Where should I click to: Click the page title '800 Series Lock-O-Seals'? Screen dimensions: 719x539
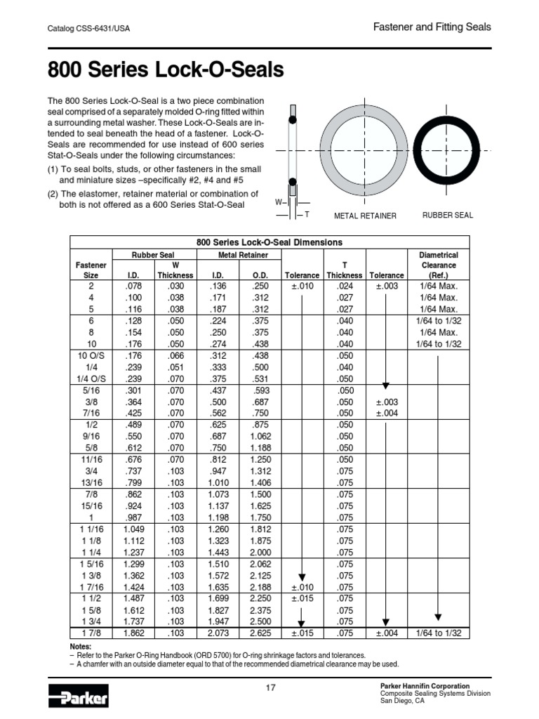point(166,70)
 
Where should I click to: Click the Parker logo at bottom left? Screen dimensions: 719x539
point(78,698)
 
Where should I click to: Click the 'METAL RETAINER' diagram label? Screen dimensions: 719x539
point(365,216)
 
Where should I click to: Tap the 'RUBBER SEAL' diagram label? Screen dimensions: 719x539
point(447,215)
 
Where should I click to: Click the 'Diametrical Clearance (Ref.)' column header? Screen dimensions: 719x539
point(438,265)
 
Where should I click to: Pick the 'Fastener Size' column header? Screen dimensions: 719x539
point(91,270)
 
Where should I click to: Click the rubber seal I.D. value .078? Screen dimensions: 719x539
point(133,286)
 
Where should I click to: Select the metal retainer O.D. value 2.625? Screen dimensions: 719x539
point(260,633)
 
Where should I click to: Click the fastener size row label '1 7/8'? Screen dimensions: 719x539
point(91,633)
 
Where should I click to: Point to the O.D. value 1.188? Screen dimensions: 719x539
point(260,448)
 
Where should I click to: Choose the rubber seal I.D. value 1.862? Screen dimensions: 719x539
point(133,633)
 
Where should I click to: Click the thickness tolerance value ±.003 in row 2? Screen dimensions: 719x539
point(387,286)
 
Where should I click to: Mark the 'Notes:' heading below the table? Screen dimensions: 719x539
point(81,646)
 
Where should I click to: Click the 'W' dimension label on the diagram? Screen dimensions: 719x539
point(278,202)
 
